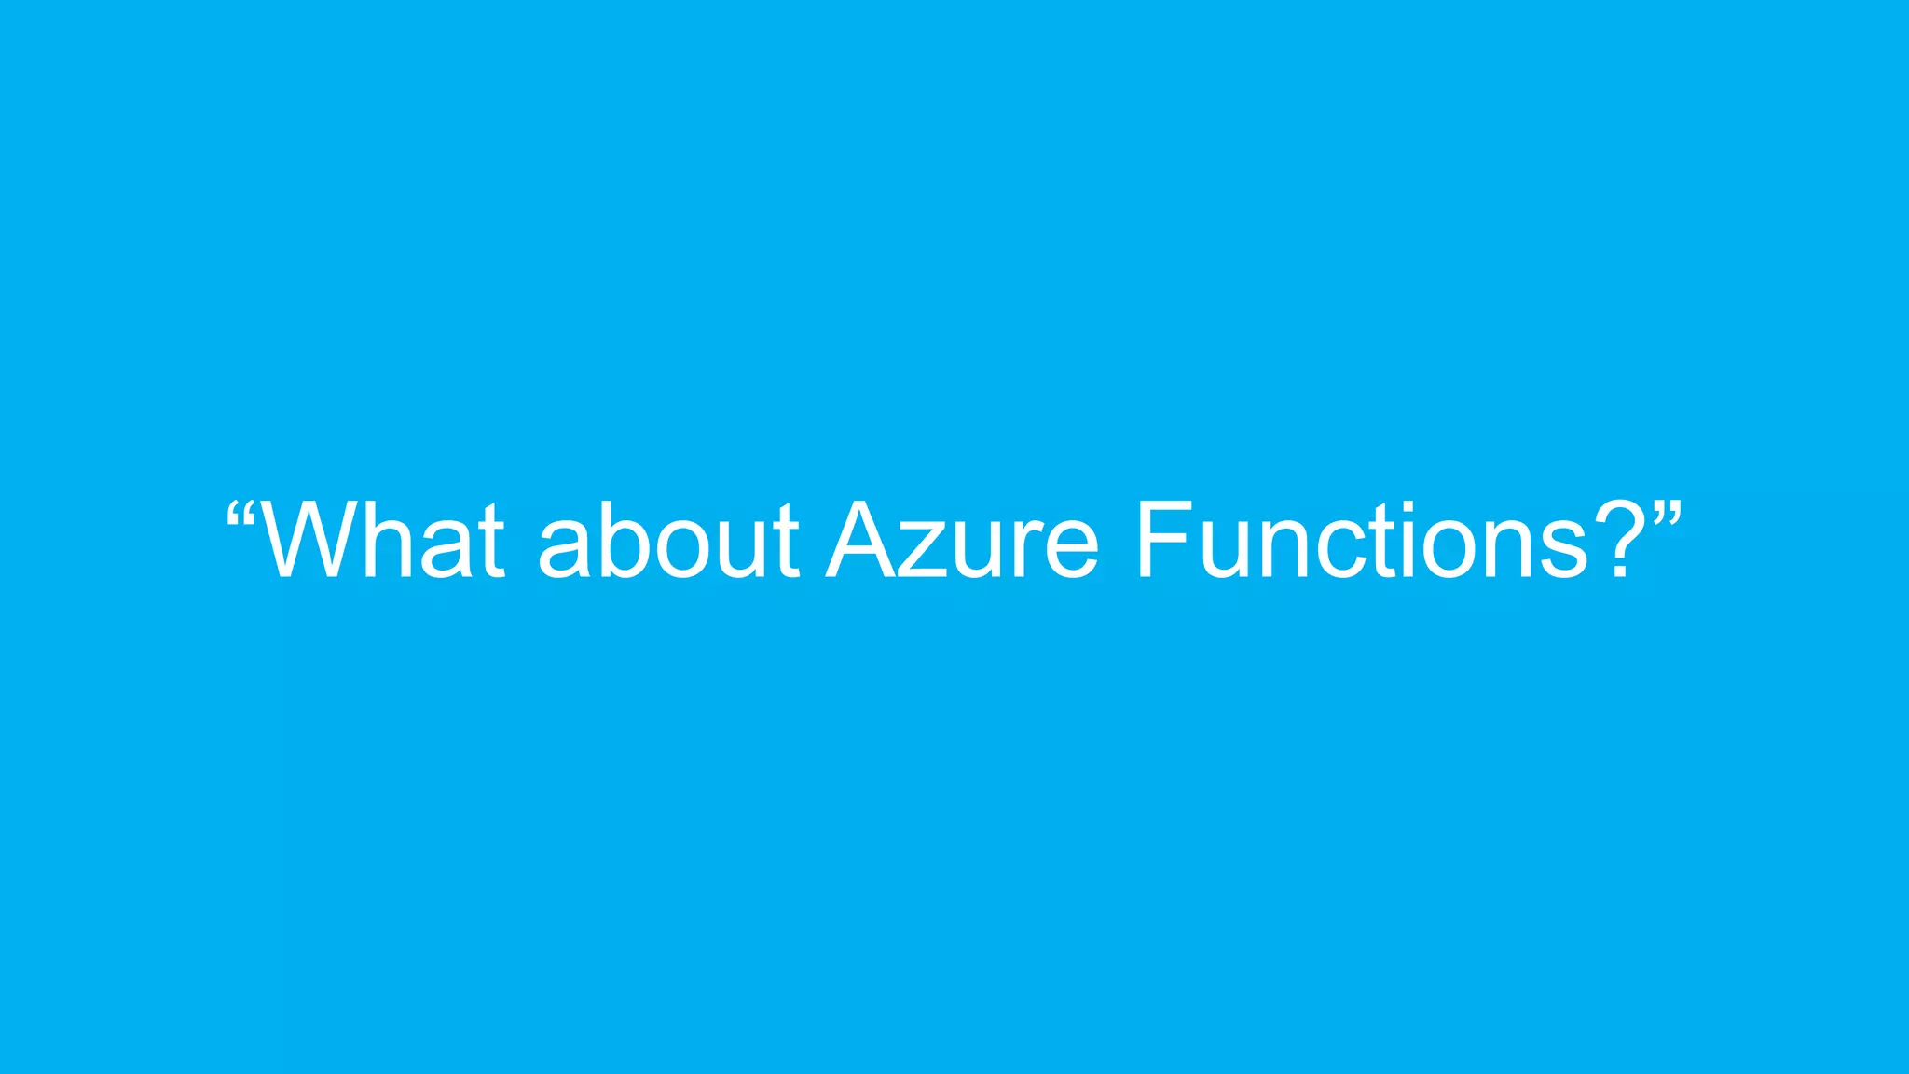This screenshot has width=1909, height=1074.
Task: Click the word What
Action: [382, 541]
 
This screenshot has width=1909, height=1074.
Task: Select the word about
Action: [667, 541]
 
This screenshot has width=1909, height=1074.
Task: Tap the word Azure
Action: [963, 541]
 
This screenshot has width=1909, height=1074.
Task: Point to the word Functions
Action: [1362, 541]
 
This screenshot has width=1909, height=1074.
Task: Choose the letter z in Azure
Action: [922, 550]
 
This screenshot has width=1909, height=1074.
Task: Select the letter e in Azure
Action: [1069, 550]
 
